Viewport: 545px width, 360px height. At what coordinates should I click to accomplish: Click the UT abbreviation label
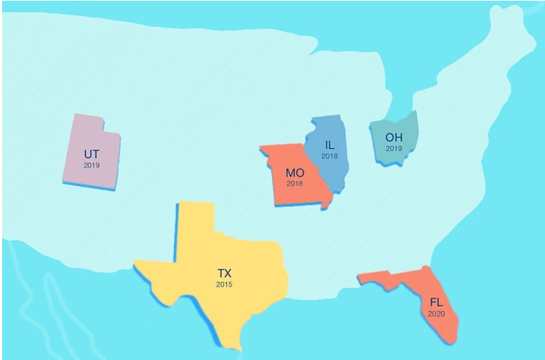coord(91,154)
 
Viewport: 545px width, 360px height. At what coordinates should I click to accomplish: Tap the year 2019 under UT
coord(91,165)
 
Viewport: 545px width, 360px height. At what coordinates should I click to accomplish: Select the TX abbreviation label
coord(224,273)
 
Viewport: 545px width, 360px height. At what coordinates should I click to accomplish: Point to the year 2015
coord(224,284)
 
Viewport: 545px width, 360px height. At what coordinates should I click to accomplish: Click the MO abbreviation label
coord(295,173)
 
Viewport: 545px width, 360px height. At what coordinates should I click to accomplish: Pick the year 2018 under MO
coord(295,184)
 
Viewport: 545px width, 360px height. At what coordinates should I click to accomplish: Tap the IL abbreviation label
coord(329,145)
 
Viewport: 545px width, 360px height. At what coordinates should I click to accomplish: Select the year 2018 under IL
coord(329,156)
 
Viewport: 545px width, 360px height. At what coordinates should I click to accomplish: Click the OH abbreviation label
coord(394,137)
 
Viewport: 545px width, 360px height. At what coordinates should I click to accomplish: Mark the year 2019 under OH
coord(394,148)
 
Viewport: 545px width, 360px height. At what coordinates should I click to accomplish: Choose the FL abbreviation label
coord(436,302)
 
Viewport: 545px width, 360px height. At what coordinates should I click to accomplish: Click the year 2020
coord(436,313)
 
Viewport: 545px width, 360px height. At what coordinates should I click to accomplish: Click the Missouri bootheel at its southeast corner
coord(326,205)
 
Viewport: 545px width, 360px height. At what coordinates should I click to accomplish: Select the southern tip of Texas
coord(237,345)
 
